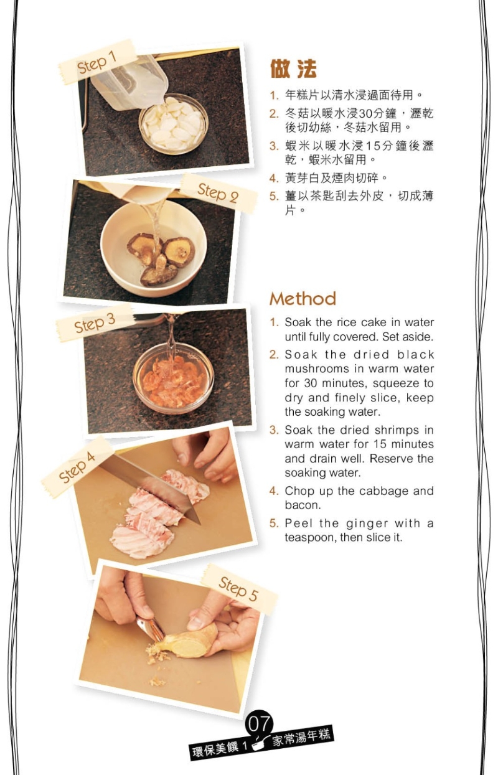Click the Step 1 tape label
point(98,62)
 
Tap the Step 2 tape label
point(218,193)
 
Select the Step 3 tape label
point(94,323)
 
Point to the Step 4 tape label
point(77,467)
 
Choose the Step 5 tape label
point(238,589)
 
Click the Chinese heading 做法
point(293,68)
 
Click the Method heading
point(303,299)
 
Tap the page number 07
point(259,724)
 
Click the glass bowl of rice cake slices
point(174,123)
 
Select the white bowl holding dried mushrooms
point(153,248)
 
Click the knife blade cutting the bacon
point(153,484)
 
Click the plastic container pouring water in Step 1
point(129,83)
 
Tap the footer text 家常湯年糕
point(301,737)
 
